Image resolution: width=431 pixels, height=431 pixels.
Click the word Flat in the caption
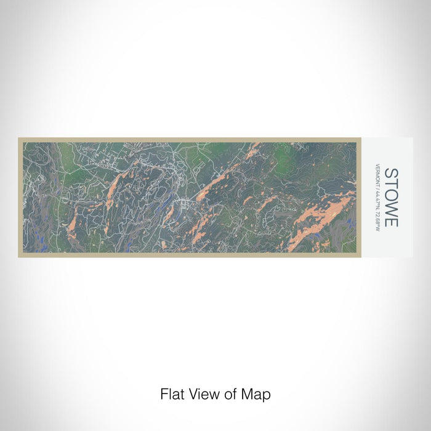point(172,393)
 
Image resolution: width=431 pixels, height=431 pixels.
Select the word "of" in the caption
point(230,393)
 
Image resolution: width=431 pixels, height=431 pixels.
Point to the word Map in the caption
point(256,393)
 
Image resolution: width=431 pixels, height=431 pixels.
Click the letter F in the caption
point(164,393)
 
